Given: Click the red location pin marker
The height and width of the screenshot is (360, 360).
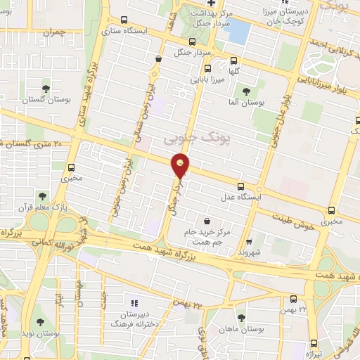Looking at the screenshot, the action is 181,167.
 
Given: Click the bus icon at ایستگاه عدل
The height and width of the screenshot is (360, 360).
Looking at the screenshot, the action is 241,187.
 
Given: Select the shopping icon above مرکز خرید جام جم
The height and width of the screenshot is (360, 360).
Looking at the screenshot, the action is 206,221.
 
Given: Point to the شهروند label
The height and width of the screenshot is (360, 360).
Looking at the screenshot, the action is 250,251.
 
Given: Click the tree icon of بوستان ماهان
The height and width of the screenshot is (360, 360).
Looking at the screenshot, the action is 241,318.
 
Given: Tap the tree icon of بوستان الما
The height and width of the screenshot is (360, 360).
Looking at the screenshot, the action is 246,91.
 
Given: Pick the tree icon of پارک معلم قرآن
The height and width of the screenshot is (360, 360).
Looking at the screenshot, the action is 44,196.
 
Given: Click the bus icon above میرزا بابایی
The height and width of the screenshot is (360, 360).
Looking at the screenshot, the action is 207,68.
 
